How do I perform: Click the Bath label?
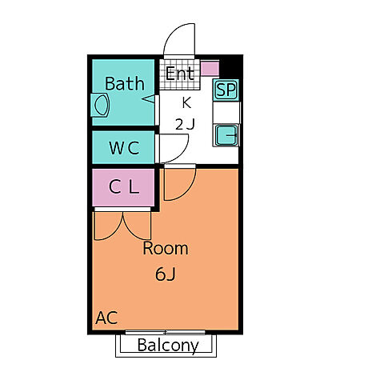[125, 83]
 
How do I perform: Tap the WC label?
[124, 148]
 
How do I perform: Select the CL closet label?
[124, 186]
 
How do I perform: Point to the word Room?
[166, 248]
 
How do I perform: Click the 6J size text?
[166, 274]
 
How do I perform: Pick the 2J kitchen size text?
[185, 124]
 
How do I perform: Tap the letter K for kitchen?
[186, 102]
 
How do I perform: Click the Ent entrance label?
[179, 73]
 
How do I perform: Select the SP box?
[226, 90]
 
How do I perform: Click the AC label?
[106, 318]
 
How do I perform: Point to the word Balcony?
[168, 346]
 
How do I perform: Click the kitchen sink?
[226, 135]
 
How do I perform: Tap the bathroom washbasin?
[100, 105]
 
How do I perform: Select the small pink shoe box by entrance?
[210, 69]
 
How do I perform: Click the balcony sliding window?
[165, 332]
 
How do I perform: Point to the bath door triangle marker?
[149, 99]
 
